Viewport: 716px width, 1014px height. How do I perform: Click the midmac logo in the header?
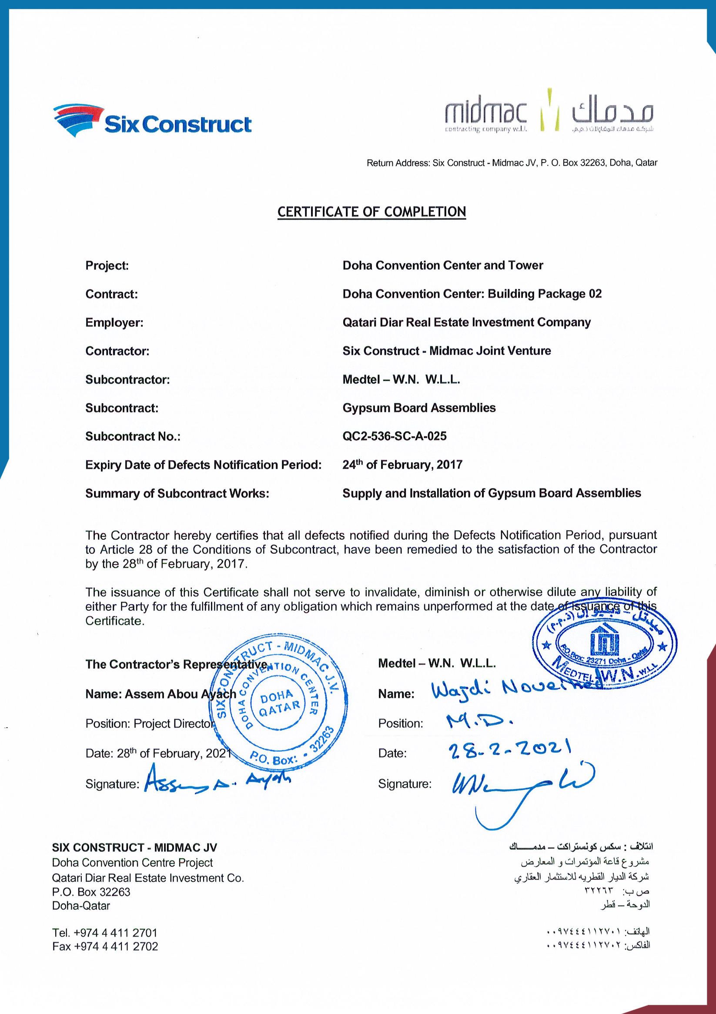(x=549, y=113)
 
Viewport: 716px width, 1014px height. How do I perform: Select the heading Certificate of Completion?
(x=371, y=212)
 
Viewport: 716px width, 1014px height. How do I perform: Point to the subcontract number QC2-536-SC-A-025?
(x=395, y=436)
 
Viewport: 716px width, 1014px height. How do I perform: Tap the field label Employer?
(x=114, y=323)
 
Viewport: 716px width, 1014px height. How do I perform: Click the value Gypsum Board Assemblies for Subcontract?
(x=419, y=408)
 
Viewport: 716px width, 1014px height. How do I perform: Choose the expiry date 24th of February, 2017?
(x=402, y=465)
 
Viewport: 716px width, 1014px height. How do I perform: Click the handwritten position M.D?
(x=480, y=721)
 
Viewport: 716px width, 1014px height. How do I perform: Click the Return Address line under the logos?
(x=512, y=163)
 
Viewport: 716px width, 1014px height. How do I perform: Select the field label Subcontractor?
(x=127, y=380)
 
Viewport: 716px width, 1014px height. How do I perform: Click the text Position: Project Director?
(x=150, y=724)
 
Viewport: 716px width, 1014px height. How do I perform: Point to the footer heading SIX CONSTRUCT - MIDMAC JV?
(x=134, y=847)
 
